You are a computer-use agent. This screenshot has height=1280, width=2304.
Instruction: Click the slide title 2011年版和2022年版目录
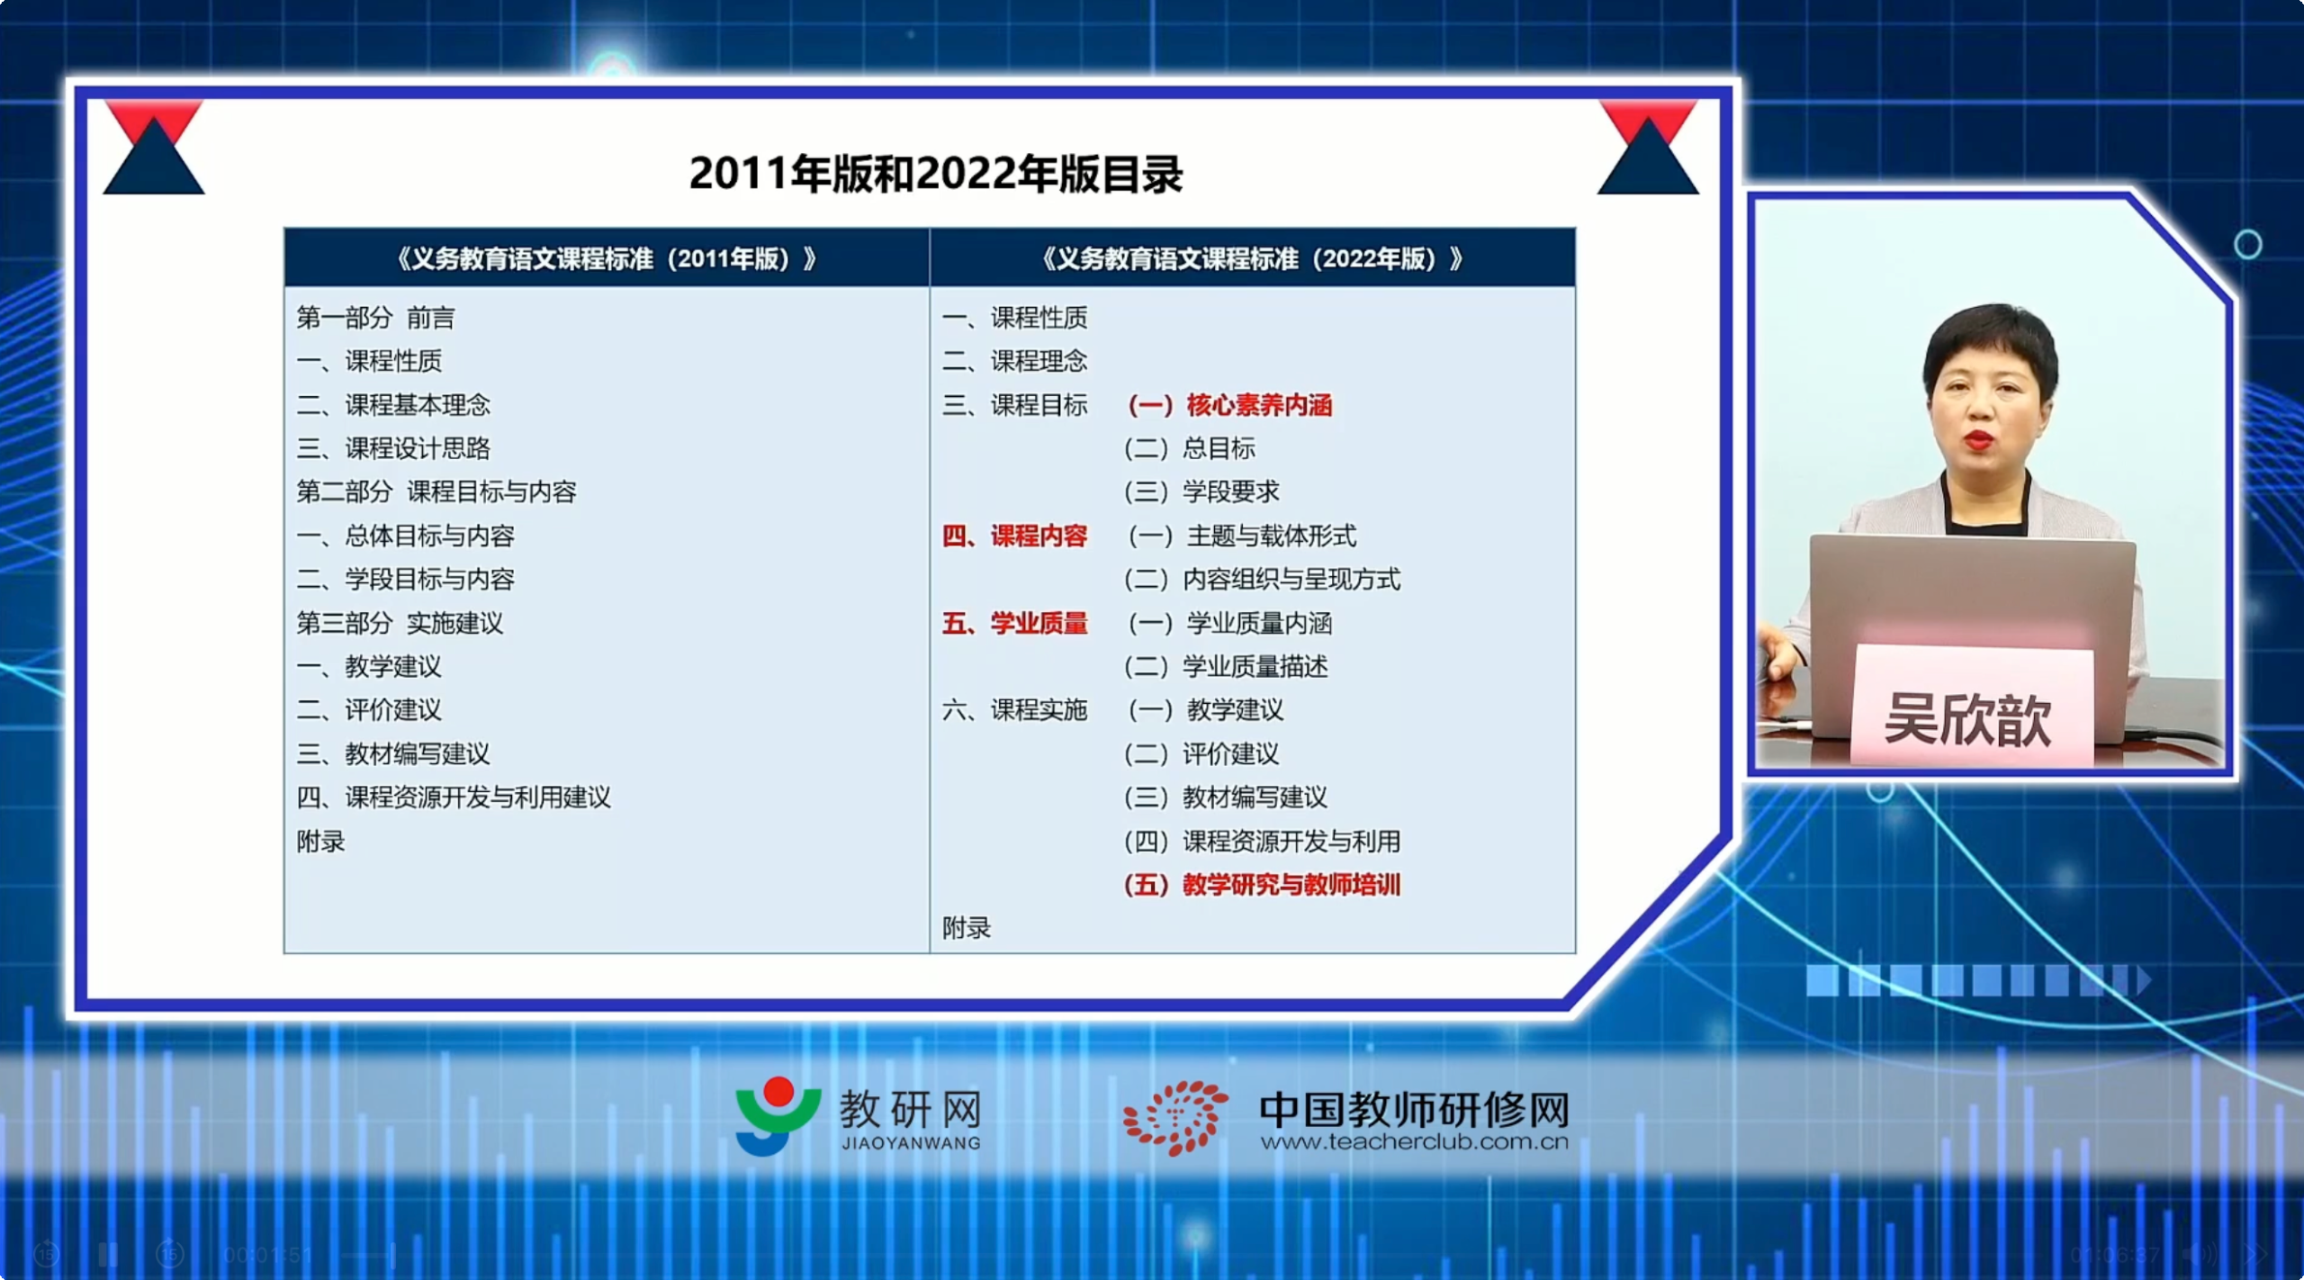936,174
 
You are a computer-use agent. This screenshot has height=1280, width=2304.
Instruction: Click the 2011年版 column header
607,259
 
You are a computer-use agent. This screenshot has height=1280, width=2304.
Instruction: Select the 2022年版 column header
1252,259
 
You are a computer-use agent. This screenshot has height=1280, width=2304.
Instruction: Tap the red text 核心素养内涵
1259,405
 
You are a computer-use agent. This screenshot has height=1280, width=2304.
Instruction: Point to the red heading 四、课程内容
1014,536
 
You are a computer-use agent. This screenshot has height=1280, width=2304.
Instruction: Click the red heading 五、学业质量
1014,623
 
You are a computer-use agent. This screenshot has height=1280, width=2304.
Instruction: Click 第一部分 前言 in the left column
376,318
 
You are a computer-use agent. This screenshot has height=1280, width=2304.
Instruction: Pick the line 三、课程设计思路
393,448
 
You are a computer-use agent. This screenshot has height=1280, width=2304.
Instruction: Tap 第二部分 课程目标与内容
436,491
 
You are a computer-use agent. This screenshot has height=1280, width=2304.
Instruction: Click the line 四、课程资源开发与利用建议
454,798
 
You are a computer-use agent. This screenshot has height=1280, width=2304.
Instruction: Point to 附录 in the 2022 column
967,928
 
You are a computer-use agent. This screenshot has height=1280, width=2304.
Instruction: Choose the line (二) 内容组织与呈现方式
1262,580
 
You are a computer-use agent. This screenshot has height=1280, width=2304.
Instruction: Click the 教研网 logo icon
778,1115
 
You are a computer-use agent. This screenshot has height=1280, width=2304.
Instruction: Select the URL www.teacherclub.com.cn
1414,1142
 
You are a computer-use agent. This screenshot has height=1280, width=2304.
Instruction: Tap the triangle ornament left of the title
154,148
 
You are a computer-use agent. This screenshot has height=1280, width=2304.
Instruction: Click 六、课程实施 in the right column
1014,710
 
